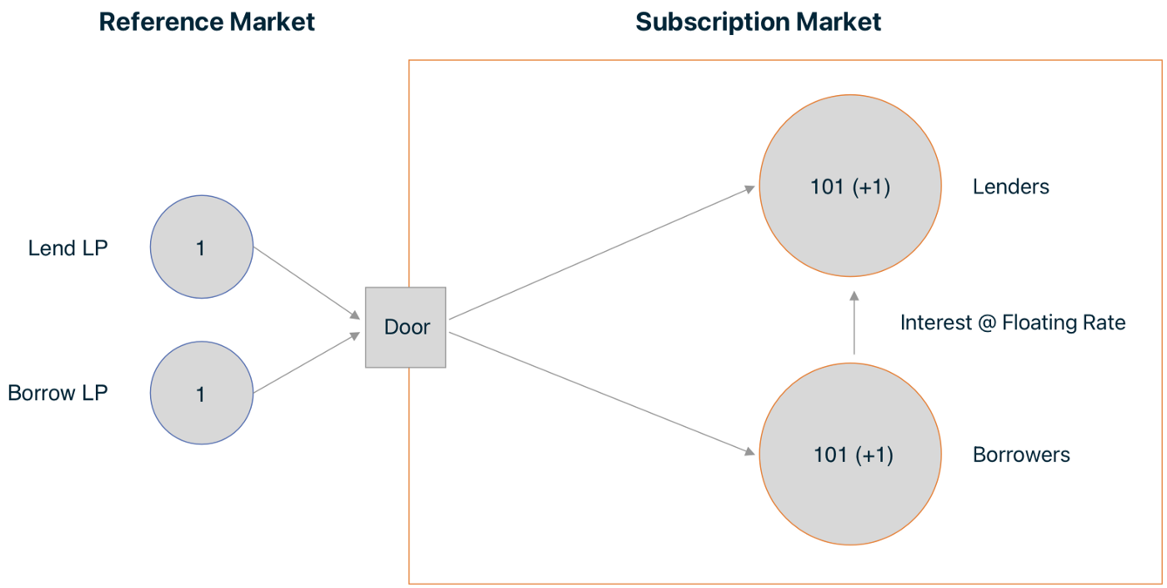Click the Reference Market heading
click(207, 22)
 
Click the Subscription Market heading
click(758, 23)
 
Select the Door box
click(405, 327)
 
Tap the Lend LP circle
click(202, 247)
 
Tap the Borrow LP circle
click(202, 393)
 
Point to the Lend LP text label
click(68, 249)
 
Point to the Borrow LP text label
click(58, 393)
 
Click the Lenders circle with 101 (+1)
click(850, 185)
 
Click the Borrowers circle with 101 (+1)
click(850, 454)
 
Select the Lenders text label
click(1010, 187)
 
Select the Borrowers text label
click(1021, 455)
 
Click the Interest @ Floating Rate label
click(1013, 323)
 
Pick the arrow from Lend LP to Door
click(307, 283)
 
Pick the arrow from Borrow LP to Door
click(307, 363)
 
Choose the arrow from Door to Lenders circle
click(602, 252)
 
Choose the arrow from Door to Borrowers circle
click(602, 394)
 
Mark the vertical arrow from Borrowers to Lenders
click(854, 323)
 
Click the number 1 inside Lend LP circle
click(200, 249)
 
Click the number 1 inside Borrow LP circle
click(200, 395)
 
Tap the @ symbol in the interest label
click(987, 323)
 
